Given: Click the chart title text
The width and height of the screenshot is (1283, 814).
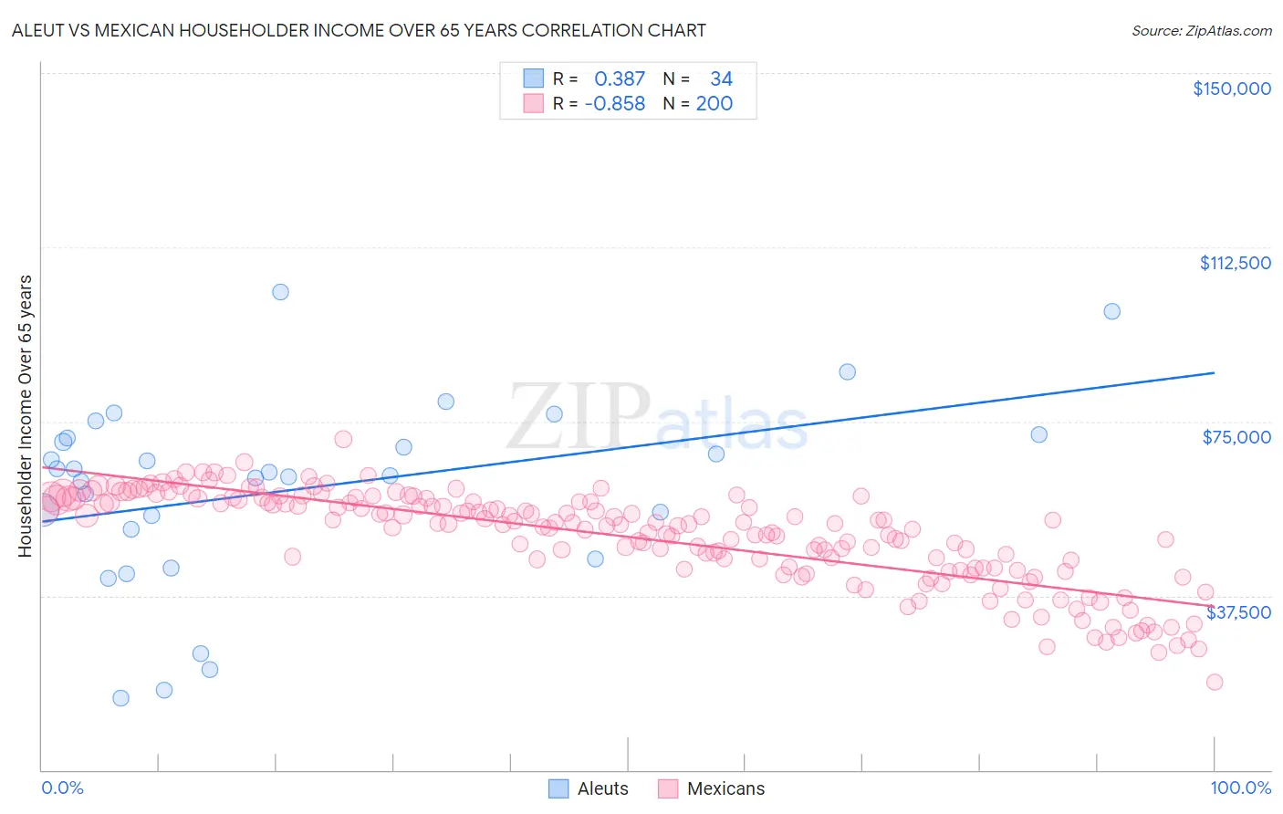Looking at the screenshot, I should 359,30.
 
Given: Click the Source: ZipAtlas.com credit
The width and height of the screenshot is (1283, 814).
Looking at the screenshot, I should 1201,30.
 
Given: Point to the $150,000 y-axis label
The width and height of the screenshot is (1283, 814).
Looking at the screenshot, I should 1231,89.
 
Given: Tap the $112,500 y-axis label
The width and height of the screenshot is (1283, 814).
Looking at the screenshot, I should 1235,263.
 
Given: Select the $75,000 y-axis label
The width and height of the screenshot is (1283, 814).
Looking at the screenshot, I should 1236,437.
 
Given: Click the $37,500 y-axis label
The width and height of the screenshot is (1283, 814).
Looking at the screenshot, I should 1237,612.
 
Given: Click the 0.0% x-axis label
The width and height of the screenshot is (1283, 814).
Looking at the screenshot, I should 62,788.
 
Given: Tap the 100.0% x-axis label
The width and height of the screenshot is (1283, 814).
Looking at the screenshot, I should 1240,788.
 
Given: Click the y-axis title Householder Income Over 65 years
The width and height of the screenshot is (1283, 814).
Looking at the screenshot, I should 26,415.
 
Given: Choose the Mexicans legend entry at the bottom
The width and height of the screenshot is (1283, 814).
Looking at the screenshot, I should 712,788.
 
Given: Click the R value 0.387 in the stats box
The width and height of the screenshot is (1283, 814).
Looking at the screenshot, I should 620,79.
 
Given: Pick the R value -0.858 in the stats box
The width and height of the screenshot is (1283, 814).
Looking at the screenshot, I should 615,104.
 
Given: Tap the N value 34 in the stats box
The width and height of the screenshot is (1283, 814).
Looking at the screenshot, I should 721,79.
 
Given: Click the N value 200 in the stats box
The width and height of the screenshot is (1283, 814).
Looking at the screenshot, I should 714,104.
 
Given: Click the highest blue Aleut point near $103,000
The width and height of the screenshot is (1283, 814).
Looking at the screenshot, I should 280,292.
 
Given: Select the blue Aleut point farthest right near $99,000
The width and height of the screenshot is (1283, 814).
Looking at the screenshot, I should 1111,311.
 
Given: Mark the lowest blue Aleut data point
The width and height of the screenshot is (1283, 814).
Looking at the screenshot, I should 120,698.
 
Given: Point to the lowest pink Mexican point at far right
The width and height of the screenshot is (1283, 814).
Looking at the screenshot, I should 1214,682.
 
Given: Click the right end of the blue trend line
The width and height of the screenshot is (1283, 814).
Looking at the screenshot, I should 1214,372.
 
